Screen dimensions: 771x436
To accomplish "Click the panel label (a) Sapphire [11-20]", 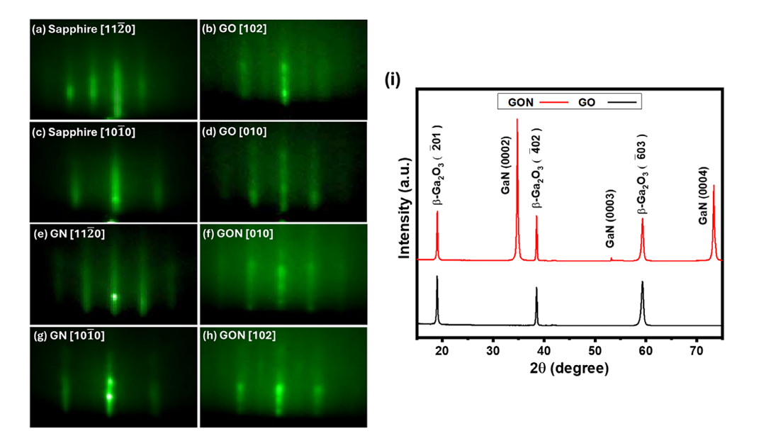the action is click(x=84, y=29).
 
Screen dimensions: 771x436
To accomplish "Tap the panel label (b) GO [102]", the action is click(x=234, y=28).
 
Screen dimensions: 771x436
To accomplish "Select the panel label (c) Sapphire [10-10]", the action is click(x=84, y=132).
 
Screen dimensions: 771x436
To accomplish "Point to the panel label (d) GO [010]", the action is click(x=234, y=131).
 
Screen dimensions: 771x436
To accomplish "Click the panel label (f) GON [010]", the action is click(x=238, y=233).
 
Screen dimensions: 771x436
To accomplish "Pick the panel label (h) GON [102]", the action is click(x=239, y=335).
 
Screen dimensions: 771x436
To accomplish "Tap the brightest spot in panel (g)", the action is click(x=110, y=396).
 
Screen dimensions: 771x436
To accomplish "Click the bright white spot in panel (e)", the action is click(x=115, y=297).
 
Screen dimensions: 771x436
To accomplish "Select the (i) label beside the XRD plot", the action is click(x=393, y=79).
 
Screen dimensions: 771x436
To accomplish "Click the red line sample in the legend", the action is click(x=554, y=102).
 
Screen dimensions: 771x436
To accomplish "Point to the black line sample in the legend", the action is click(x=622, y=102).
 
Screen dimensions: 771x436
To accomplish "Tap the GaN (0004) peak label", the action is click(x=703, y=196).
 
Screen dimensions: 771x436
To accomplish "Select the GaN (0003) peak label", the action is click(x=609, y=218).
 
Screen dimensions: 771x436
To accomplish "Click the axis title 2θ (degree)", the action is click(x=570, y=368).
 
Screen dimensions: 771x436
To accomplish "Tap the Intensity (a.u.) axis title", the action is click(x=404, y=208).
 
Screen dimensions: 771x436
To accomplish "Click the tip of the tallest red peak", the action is click(x=517, y=119).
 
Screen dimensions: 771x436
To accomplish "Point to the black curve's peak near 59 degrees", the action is click(x=642, y=282).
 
